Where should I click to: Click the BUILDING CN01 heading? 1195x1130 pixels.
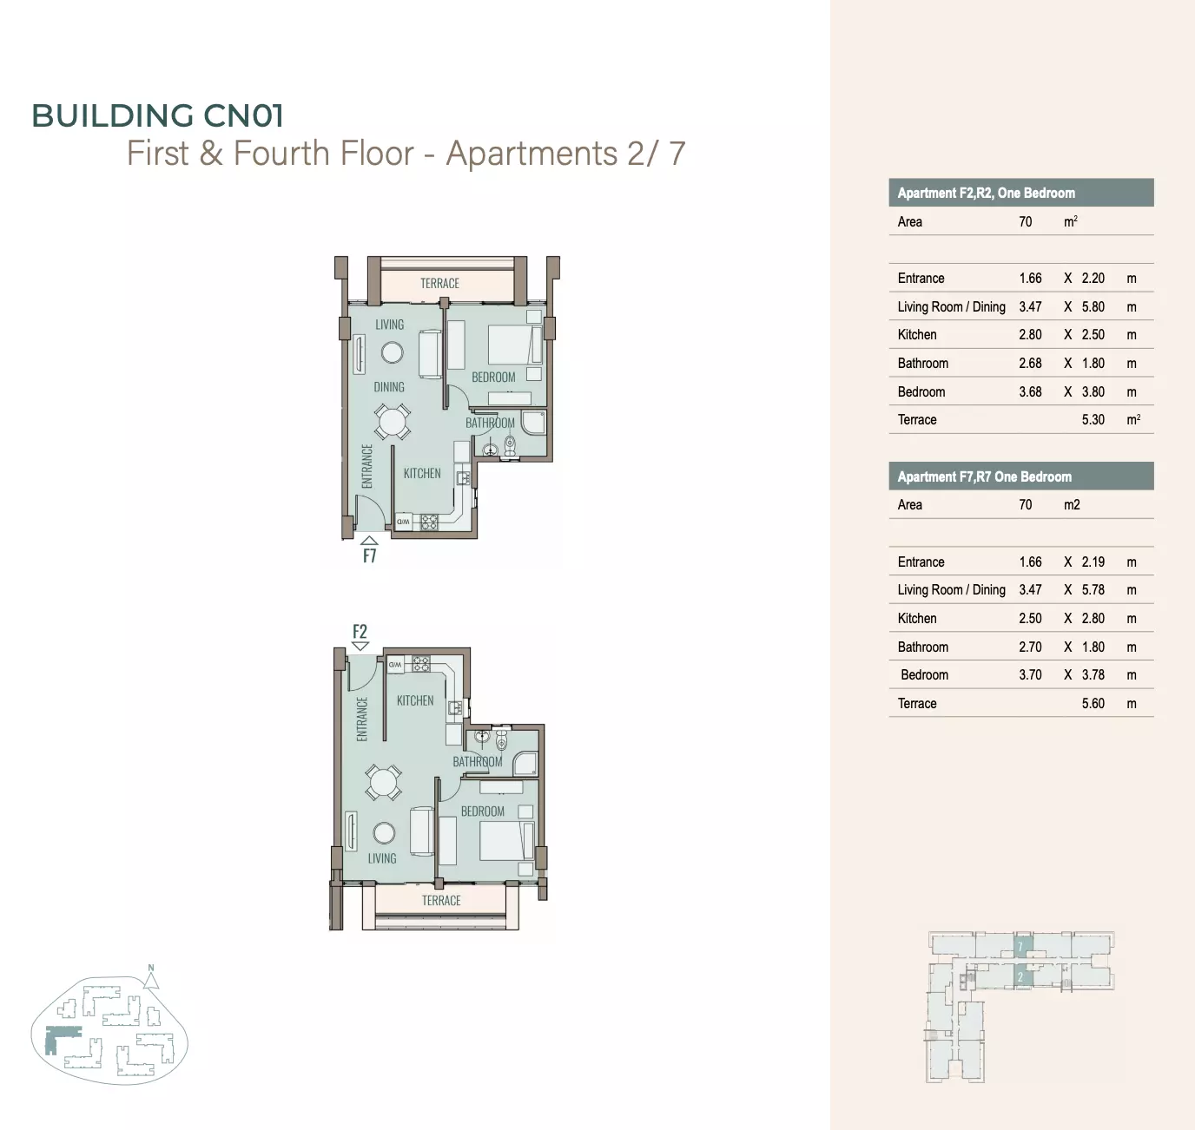157,115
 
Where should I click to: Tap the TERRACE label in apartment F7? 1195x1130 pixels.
439,283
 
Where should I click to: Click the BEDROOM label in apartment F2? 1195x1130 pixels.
483,811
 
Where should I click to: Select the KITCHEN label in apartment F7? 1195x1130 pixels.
422,473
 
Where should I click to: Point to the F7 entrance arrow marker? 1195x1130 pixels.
369,540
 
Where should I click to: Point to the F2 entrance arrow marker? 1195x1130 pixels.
360,646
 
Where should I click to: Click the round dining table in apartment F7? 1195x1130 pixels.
392,421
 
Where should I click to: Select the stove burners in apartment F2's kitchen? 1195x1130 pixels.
420,663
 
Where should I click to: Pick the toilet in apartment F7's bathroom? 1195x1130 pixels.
510,445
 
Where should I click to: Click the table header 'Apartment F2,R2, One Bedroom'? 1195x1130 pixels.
986,194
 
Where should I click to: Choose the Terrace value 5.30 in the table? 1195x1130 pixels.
1093,420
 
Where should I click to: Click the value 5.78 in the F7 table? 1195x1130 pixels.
1093,590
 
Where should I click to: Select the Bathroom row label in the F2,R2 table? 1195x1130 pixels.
922,364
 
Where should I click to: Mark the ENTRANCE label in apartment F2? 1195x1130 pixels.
362,719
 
